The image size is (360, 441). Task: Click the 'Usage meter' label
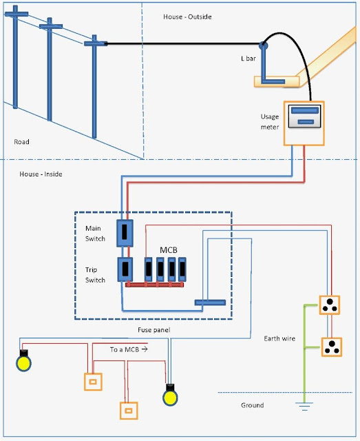pyautogui.click(x=270, y=122)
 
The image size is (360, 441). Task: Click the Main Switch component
pyautogui.click(x=125, y=234)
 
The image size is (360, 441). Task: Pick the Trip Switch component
pyautogui.click(x=125, y=269)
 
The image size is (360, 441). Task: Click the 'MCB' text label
pyautogui.click(x=170, y=248)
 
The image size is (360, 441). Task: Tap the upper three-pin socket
pyautogui.click(x=330, y=305)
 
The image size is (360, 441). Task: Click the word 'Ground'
pyautogui.click(x=252, y=405)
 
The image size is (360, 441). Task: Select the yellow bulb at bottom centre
pyautogui.click(x=169, y=396)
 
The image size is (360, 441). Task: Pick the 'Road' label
pyautogui.click(x=22, y=143)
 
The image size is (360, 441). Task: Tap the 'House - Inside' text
pyautogui.click(x=41, y=174)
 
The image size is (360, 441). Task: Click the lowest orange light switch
pyautogui.click(x=127, y=411)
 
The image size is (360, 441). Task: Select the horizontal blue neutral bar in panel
pyautogui.click(x=213, y=302)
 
